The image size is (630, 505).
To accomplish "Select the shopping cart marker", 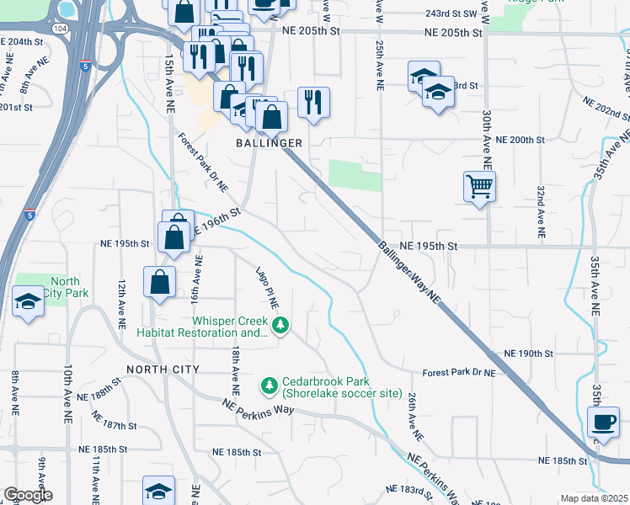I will click(479, 186).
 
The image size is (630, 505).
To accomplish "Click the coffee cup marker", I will click(603, 422).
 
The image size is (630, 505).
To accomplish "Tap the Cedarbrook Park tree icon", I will click(270, 385).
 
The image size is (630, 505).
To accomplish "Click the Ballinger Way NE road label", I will click(409, 272).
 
